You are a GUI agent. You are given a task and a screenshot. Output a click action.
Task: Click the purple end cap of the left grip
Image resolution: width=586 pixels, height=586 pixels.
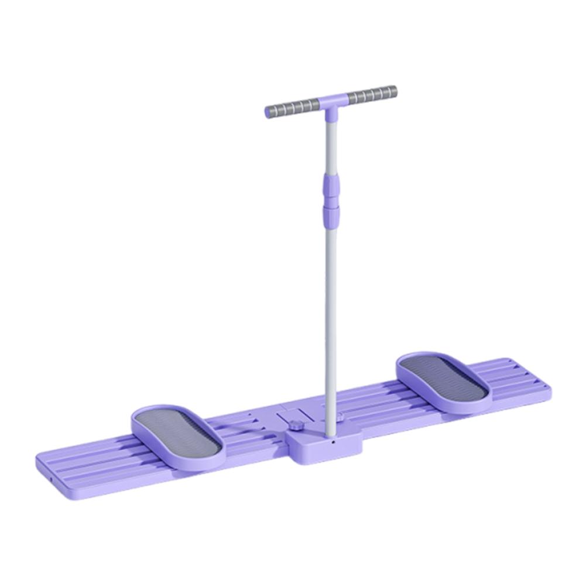click(x=268, y=112)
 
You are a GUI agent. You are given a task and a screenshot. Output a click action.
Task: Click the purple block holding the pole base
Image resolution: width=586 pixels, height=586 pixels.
click(x=322, y=448)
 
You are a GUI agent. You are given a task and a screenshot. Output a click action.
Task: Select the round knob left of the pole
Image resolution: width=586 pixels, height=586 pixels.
click(x=295, y=425)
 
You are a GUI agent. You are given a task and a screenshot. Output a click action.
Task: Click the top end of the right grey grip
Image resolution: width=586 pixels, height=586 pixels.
click(x=394, y=91)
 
